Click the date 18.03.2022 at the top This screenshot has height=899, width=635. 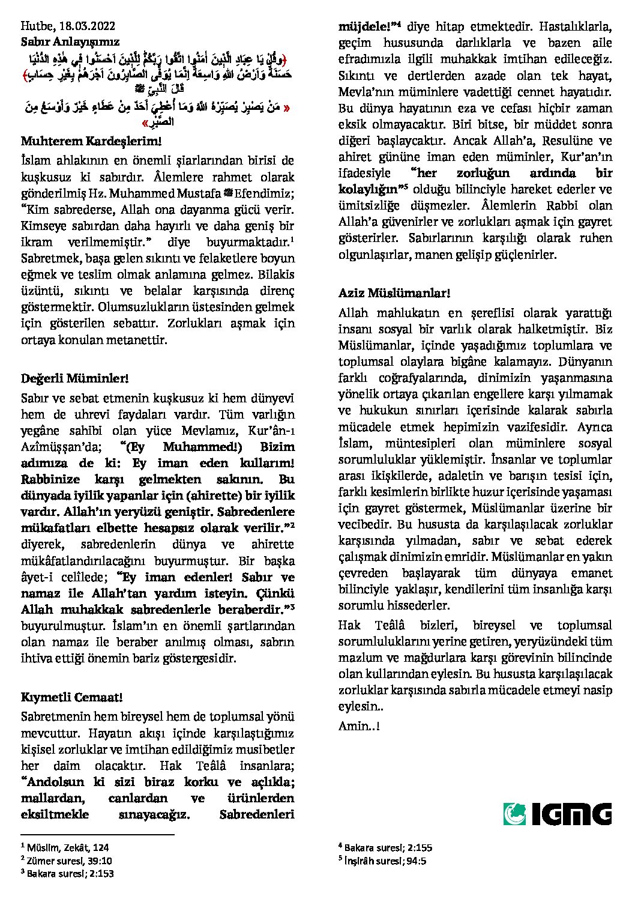click(88, 26)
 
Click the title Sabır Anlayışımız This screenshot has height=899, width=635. click(70, 41)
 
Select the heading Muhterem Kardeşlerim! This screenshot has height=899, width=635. click(91, 142)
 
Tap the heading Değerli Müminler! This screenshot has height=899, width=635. click(75, 378)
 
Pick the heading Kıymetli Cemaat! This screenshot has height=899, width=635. click(72, 697)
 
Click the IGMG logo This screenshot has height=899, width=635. click(558, 814)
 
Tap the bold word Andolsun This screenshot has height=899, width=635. click(55, 782)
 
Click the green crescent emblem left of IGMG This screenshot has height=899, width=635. click(514, 814)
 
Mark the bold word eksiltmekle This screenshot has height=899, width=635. click(55, 814)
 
